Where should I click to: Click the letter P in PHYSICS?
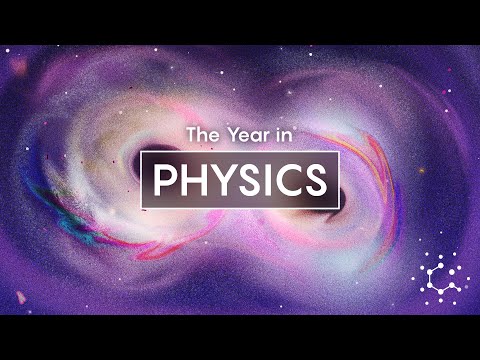[165, 181]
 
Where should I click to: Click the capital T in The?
[192, 134]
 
